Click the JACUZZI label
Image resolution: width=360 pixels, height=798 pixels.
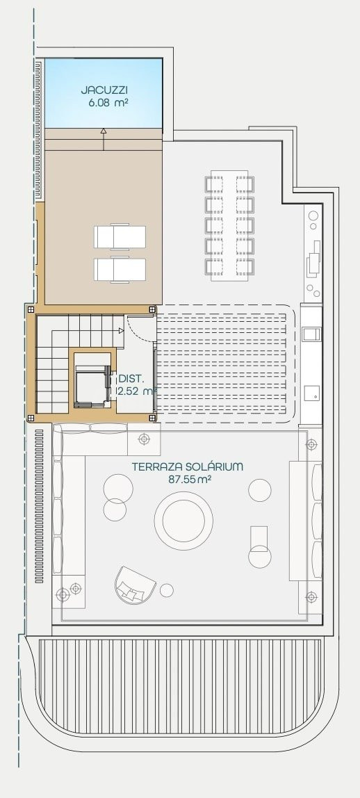tap(104, 90)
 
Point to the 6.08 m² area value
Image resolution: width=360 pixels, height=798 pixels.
tap(107, 101)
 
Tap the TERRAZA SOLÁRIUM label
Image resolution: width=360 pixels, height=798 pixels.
tap(187, 466)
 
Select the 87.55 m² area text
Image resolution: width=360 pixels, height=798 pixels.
tap(190, 479)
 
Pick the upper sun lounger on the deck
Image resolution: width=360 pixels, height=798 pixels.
tap(120, 236)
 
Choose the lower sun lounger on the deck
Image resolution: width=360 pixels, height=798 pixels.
tap(120, 270)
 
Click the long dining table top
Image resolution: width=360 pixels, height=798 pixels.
tap(229, 225)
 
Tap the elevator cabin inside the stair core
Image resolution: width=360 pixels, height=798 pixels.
tap(92, 386)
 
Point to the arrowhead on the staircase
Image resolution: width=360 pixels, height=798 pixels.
tap(122, 331)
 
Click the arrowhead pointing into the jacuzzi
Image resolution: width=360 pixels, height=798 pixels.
tap(104, 131)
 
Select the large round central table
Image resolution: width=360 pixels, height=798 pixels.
tap(183, 521)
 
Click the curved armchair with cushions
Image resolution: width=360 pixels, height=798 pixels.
tap(134, 585)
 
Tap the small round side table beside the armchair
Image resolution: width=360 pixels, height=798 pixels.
tap(166, 590)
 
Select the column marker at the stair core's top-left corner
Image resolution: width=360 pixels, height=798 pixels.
tap(31, 309)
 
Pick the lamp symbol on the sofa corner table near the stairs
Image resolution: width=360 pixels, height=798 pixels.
tap(145, 438)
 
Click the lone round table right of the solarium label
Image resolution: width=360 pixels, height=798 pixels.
tap(260, 490)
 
